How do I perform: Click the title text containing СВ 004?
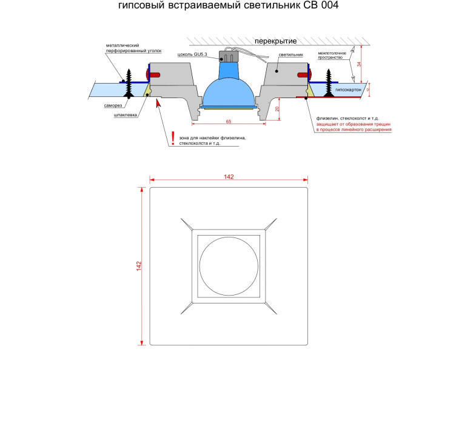pyautogui.click(x=228, y=5)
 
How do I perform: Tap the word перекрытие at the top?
pyautogui.click(x=275, y=41)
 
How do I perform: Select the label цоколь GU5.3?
pyautogui.click(x=192, y=55)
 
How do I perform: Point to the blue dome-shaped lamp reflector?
pyautogui.click(x=229, y=93)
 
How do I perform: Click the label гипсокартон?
pyautogui.click(x=348, y=90)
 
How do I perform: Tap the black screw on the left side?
pyautogui.click(x=129, y=83)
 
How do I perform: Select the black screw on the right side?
pyautogui.click(x=329, y=83)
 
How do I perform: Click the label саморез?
pyautogui.click(x=113, y=105)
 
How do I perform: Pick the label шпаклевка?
pyautogui.click(x=126, y=115)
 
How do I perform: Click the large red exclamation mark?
pyautogui.click(x=173, y=138)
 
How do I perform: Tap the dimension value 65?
pyautogui.click(x=229, y=121)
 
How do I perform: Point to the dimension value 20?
pyautogui.click(x=277, y=109)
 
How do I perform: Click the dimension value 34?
pyautogui.click(x=359, y=64)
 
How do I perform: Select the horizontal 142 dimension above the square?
pyautogui.click(x=229, y=177)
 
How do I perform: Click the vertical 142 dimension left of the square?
pyautogui.click(x=139, y=266)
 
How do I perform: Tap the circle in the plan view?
pyautogui.click(x=229, y=237)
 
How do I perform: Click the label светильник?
pyautogui.click(x=291, y=55)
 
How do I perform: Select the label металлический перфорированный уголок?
pyautogui.click(x=133, y=48)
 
